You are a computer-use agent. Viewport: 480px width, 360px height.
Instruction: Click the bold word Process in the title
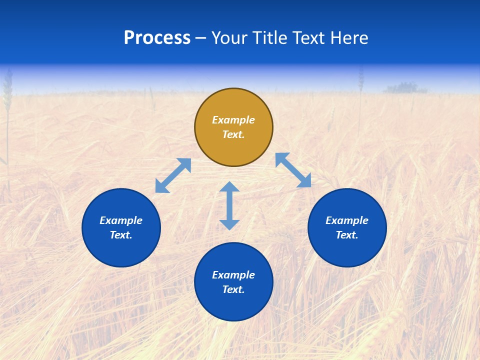[157, 38]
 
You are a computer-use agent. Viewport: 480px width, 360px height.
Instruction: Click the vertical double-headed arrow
[229, 205]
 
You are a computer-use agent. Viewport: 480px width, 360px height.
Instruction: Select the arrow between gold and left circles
[173, 175]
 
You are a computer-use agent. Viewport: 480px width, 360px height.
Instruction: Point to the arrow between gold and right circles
[293, 170]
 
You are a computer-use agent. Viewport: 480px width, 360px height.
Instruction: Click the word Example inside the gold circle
[233, 120]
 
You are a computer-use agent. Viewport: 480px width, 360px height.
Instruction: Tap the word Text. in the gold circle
[233, 134]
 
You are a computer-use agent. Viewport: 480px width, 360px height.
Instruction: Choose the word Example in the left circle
[121, 220]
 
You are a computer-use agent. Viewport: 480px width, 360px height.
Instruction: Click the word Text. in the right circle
[347, 235]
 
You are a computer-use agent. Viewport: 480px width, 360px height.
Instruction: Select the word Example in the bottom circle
[233, 275]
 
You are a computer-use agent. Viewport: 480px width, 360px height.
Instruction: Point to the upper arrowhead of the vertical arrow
[229, 186]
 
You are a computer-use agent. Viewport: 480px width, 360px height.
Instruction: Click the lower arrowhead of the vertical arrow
[229, 224]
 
